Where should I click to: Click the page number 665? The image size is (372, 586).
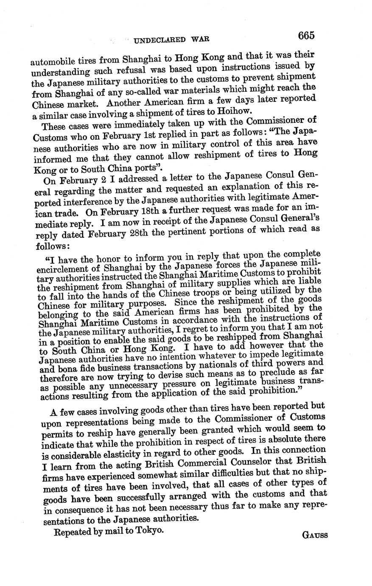click(306, 35)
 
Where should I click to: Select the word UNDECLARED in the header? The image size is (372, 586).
click(159, 40)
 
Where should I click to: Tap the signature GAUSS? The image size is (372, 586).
click(315, 535)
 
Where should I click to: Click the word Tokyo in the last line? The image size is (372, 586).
click(149, 531)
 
